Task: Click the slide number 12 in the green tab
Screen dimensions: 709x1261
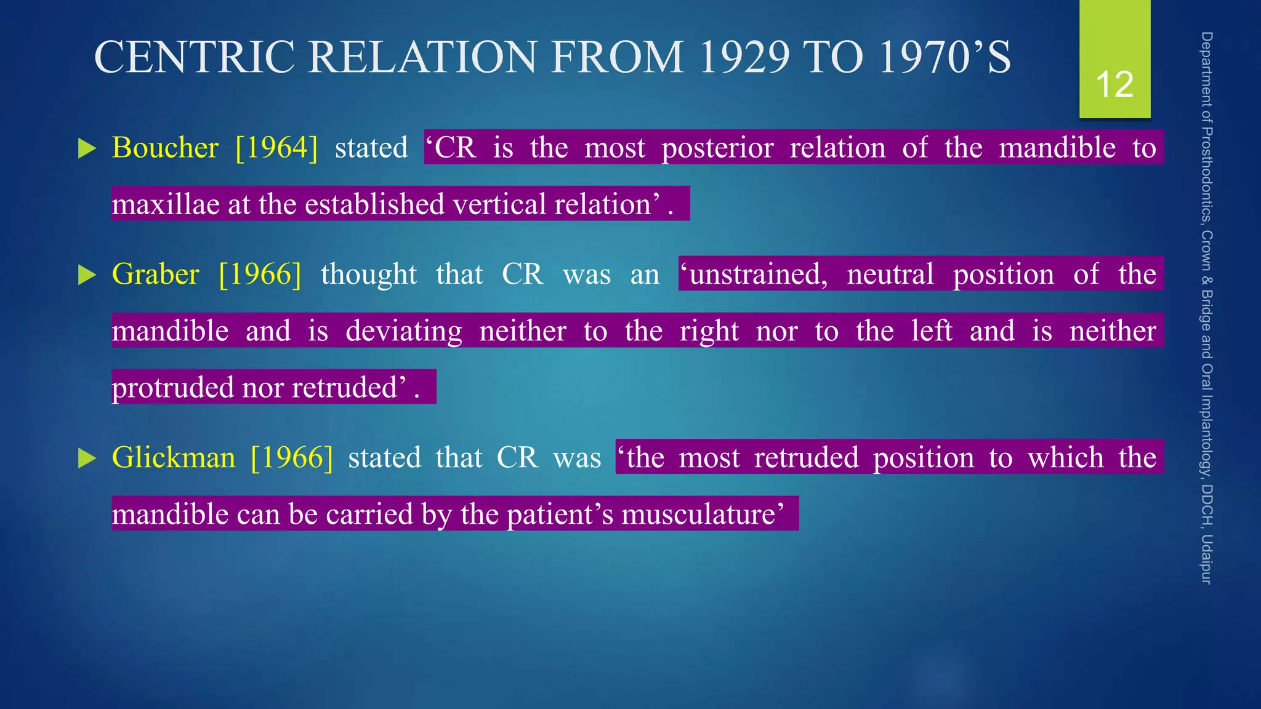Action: pyautogui.click(x=1114, y=84)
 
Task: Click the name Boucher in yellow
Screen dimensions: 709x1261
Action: pyautogui.click(x=165, y=148)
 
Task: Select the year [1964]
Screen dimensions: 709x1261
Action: pyautogui.click(x=277, y=148)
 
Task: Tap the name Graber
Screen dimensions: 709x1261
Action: pyautogui.click(x=155, y=274)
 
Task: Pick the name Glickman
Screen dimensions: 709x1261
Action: pyautogui.click(x=174, y=458)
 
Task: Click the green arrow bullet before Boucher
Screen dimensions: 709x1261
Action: pyautogui.click(x=87, y=149)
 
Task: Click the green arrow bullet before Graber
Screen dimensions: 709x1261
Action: pyautogui.click(x=87, y=275)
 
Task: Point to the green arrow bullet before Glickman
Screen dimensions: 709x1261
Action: pyautogui.click(x=87, y=459)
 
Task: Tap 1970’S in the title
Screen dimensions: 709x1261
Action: pyautogui.click(x=945, y=57)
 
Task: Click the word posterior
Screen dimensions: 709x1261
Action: pyautogui.click(x=717, y=148)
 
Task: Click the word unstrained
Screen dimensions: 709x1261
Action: pyautogui.click(x=754, y=274)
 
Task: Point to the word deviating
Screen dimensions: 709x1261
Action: pyautogui.click(x=403, y=332)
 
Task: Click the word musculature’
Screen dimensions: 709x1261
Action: pyautogui.click(x=703, y=515)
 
